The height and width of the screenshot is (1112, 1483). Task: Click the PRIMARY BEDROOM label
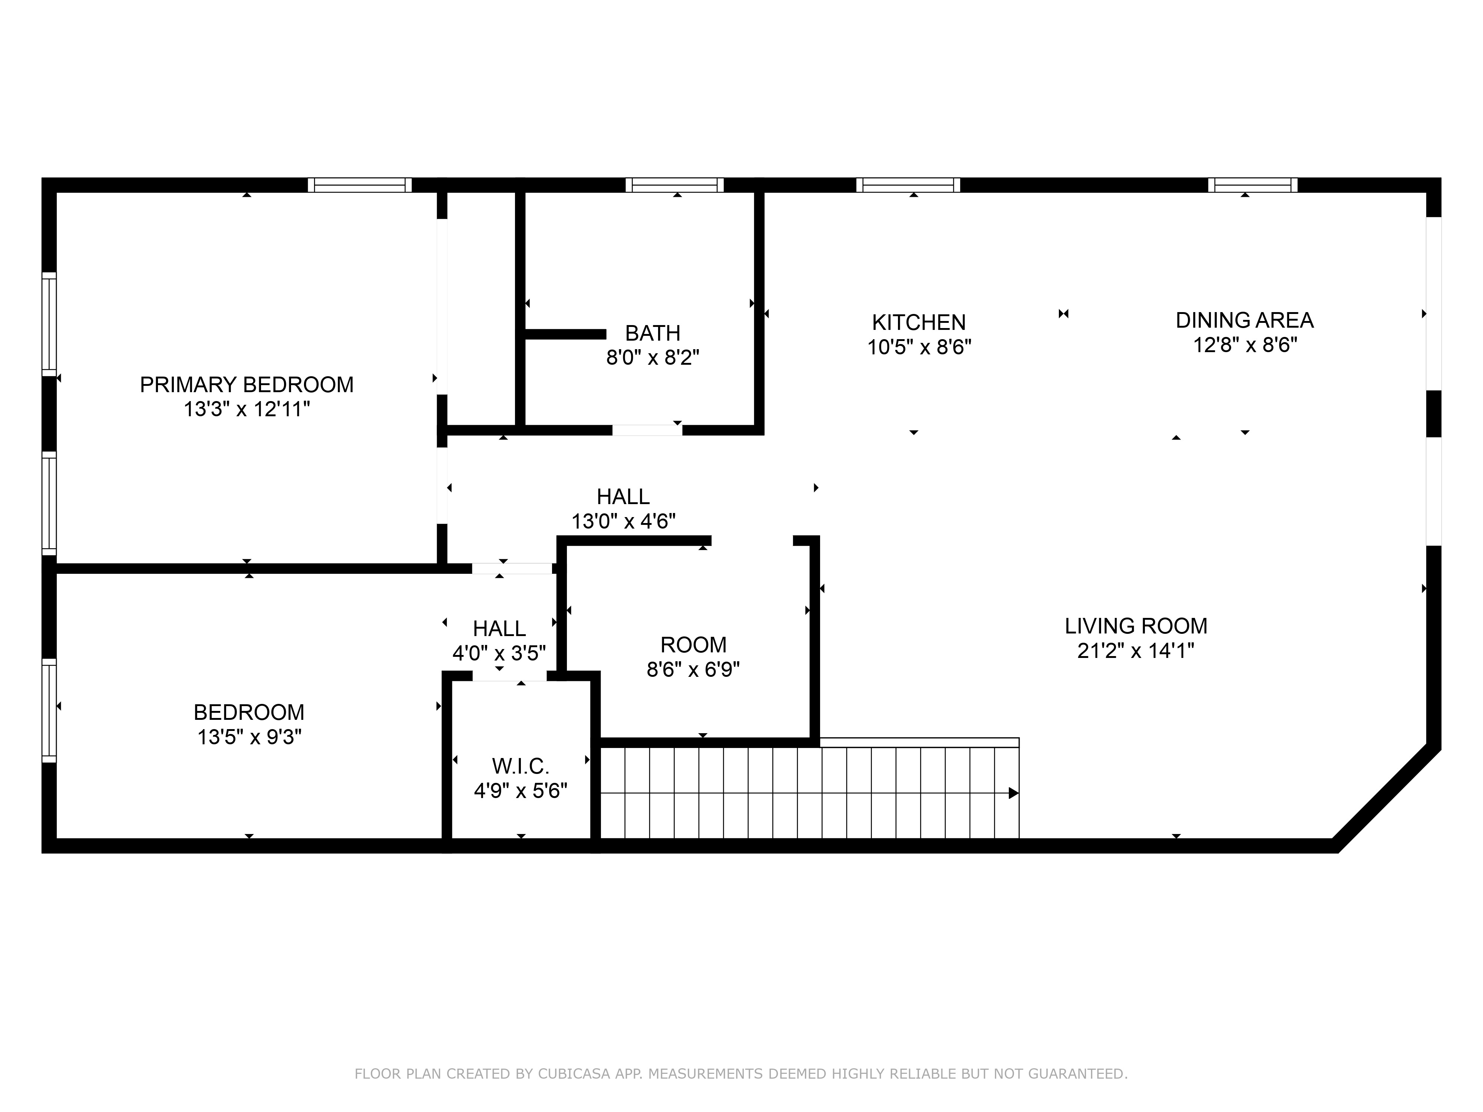click(247, 385)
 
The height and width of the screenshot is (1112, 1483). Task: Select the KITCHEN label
click(918, 322)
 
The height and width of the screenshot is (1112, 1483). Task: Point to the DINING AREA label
click(1244, 320)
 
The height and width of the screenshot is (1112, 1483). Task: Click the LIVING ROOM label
click(1136, 626)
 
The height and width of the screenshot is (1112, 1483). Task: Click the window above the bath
click(674, 185)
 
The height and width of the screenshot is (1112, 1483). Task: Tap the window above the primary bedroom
click(360, 185)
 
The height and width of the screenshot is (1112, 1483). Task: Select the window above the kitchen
click(908, 185)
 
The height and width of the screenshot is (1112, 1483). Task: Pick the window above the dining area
click(1252, 185)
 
